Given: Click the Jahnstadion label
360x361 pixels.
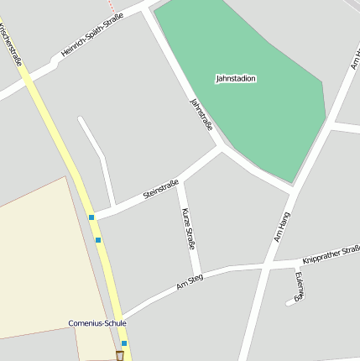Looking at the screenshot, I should pos(236,78).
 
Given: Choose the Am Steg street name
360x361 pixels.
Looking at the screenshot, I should pos(190,282).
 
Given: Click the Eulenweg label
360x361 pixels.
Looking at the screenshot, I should pos(300,285).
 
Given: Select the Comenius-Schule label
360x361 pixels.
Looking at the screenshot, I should pos(97,322).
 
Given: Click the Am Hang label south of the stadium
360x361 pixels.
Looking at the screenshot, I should pos(282,227).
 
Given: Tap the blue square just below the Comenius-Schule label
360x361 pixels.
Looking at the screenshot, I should pos(124,343).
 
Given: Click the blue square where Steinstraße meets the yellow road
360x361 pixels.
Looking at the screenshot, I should pos(91,217).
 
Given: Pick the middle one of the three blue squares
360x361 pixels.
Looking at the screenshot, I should pos(98,240).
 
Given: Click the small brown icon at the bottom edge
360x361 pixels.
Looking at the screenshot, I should pos(119,356).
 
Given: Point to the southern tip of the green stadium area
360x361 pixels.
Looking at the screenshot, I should pos(291,182).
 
